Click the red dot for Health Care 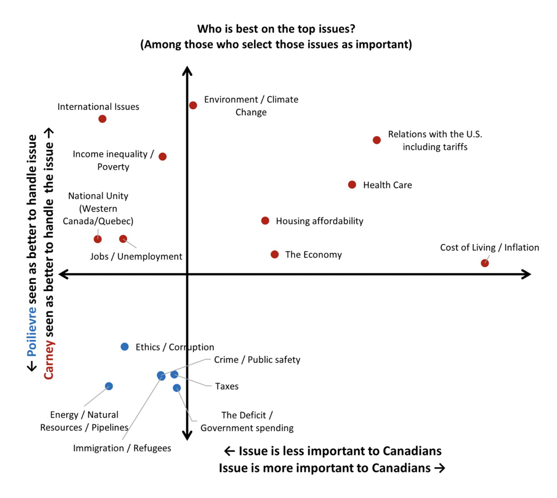(x=352, y=185)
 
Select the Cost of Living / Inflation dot (x=485, y=263)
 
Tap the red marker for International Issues (x=103, y=119)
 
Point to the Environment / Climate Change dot (x=193, y=105)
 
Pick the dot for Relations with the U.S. (x=377, y=140)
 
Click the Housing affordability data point (x=265, y=221)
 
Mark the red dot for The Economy (x=275, y=255)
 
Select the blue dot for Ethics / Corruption (x=125, y=347)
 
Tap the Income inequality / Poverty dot (x=162, y=156)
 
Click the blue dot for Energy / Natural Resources (x=109, y=386)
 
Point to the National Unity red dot (x=97, y=239)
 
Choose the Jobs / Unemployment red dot (x=123, y=239)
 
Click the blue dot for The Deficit (x=177, y=388)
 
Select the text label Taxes (x=227, y=386)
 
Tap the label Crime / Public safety (x=257, y=360)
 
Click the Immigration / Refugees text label (x=122, y=448)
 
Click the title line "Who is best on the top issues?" (x=276, y=28)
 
